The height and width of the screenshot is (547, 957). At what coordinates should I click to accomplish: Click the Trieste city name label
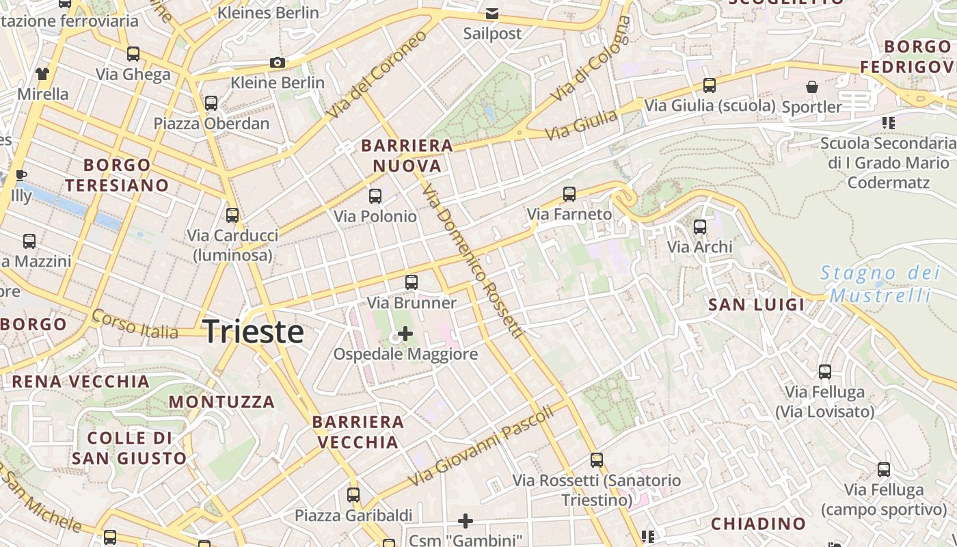tap(254, 332)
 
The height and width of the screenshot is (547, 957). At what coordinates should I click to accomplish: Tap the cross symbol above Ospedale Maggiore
tap(405, 334)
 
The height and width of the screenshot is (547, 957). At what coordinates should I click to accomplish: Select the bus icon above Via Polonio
tap(375, 196)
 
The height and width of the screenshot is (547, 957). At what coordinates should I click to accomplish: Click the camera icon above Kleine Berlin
tap(277, 63)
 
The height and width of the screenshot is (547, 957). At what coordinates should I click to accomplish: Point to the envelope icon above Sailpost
tap(491, 14)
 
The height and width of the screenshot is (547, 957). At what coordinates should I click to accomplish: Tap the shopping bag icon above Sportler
tap(812, 87)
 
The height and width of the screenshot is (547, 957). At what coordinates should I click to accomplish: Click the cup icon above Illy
tap(21, 176)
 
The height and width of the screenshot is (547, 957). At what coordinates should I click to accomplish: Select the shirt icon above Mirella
tap(42, 74)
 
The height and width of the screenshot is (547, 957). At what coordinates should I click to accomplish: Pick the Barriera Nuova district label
tap(407, 156)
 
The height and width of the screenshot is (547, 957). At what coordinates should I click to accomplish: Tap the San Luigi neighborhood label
tap(757, 305)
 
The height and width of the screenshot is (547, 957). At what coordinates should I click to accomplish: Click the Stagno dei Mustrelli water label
tap(880, 284)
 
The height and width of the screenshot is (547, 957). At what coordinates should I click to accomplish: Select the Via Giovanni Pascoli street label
tap(481, 445)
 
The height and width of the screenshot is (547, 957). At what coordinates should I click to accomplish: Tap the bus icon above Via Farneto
tap(569, 194)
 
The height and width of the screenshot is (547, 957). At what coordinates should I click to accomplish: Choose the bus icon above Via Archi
tap(699, 227)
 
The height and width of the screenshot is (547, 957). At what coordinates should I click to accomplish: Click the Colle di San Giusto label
tap(129, 448)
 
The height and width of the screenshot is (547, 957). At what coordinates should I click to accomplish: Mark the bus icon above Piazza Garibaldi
tap(353, 495)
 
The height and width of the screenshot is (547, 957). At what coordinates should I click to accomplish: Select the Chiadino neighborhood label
tap(759, 524)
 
